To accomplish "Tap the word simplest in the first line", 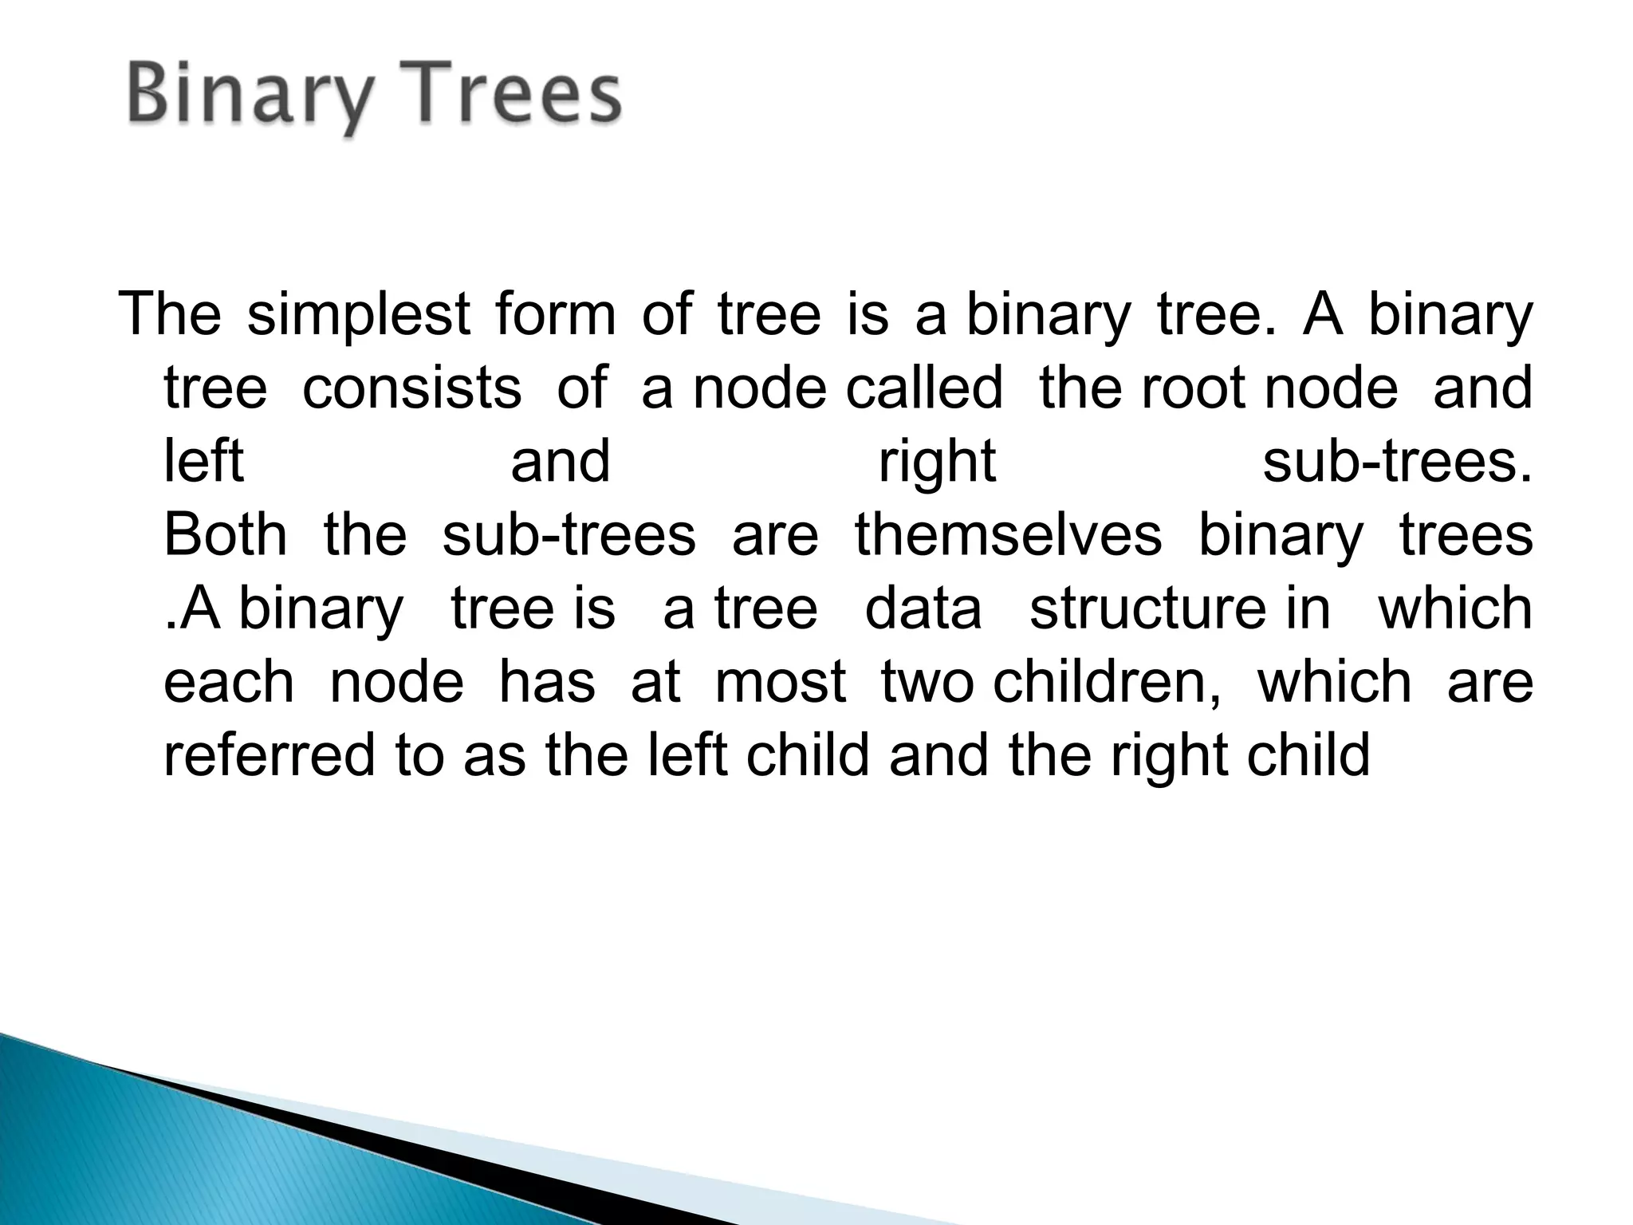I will pyautogui.click(x=358, y=315).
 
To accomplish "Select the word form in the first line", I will pyautogui.click(x=555, y=315).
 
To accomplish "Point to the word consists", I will pyautogui.click(x=411, y=388).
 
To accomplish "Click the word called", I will pyautogui.click(x=923, y=388).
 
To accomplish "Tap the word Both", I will pyautogui.click(x=225, y=535).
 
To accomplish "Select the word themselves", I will pyautogui.click(x=1008, y=535).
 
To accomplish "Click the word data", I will pyautogui.click(x=923, y=609).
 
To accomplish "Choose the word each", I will pyautogui.click(x=229, y=683).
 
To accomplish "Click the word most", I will pyautogui.click(x=780, y=683).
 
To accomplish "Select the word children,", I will pyautogui.click(x=1107, y=683).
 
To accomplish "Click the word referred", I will pyautogui.click(x=269, y=756).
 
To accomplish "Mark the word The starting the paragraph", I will pyautogui.click(x=169, y=315).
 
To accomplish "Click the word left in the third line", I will pyautogui.click(x=203, y=462).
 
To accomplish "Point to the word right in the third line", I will pyautogui.click(x=936, y=463).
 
